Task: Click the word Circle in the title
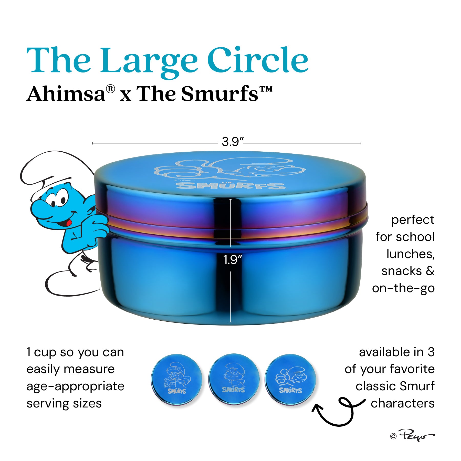point(257,60)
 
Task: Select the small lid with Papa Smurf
point(234,379)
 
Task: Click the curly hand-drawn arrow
point(338,412)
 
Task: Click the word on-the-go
point(403,288)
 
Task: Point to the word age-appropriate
point(75,386)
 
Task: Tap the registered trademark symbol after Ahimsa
point(110,89)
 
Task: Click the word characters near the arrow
point(402,403)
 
